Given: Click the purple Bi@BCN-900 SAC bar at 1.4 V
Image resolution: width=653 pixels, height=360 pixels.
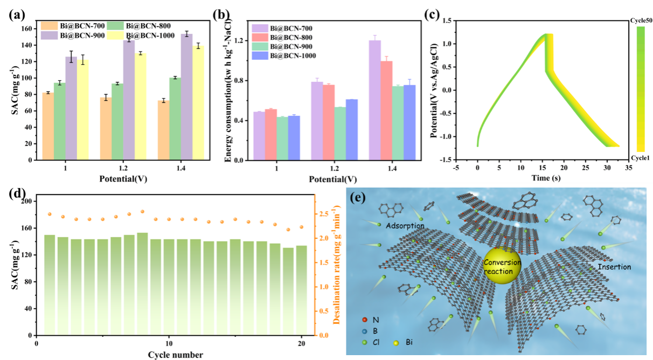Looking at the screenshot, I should pos(186,97).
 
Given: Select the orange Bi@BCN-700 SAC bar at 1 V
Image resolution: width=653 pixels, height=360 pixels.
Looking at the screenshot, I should pos(48,126).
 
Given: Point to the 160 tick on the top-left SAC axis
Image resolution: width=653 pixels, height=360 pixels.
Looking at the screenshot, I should pos(26,29).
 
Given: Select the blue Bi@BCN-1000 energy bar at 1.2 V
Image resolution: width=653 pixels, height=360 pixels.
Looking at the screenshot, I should pos(352,129).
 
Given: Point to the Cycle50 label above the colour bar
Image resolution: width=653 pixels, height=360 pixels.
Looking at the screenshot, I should pos(641,20).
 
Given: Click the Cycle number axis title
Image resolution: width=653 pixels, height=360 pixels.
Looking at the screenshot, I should pos(176,355).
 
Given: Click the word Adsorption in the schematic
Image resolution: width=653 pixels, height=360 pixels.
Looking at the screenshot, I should pos(405,226).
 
